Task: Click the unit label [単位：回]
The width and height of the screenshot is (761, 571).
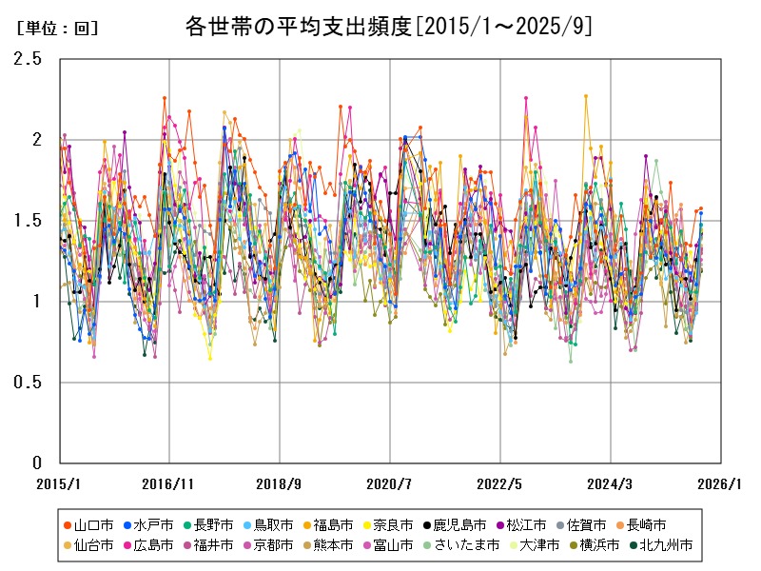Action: pyautogui.click(x=57, y=29)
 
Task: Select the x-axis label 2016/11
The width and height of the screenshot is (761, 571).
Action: pyautogui.click(x=168, y=483)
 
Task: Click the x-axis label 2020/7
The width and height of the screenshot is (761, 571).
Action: pyautogui.click(x=390, y=483)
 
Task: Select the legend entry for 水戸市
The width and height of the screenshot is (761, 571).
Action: pyautogui.click(x=153, y=524)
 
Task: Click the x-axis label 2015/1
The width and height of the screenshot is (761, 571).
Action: pyautogui.click(x=59, y=483)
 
